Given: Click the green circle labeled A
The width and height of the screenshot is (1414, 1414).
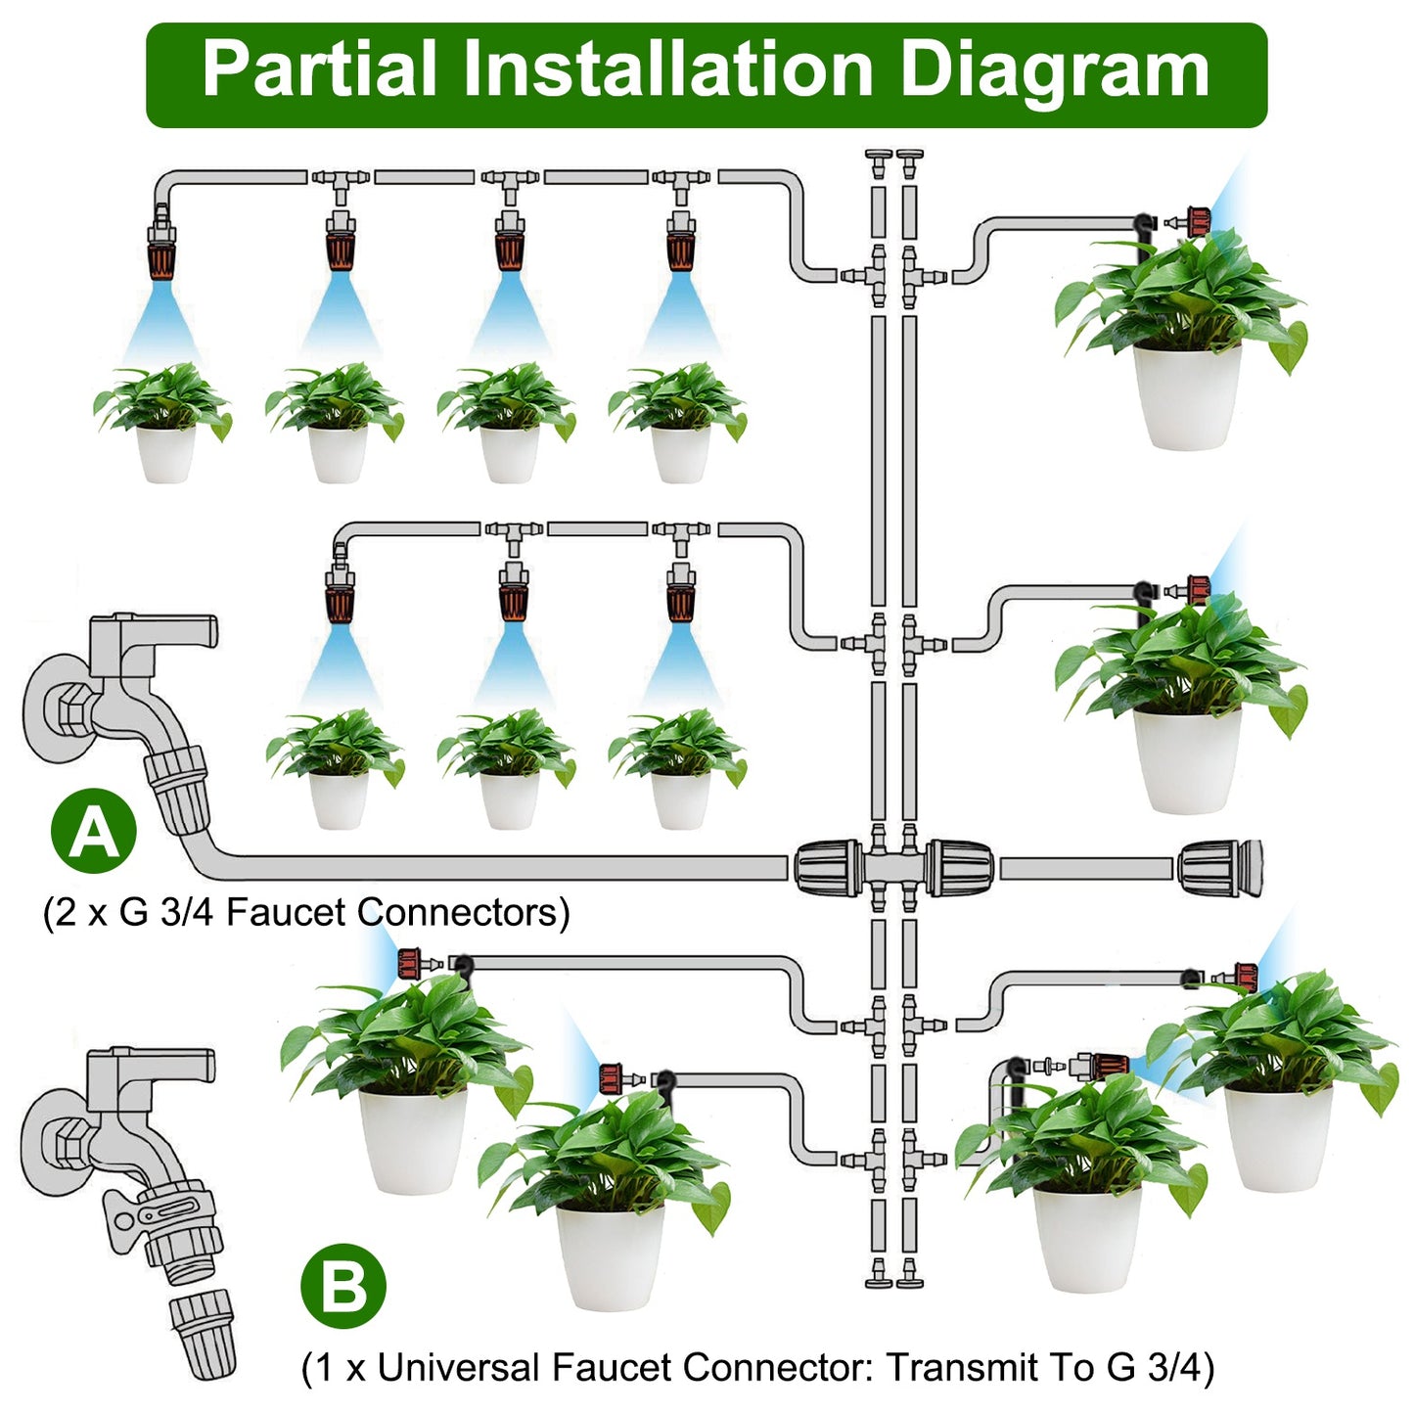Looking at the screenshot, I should [x=94, y=831].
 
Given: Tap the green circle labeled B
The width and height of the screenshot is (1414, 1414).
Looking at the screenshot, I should [x=342, y=1285].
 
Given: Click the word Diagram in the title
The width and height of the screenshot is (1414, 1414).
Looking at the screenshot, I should [x=1054, y=70].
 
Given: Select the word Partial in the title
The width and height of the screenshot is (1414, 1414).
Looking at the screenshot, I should [x=319, y=70].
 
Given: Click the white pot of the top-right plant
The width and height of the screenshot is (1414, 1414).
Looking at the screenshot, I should [x=1187, y=396].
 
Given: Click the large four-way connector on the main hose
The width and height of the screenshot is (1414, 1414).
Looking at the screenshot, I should [x=892, y=868].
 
